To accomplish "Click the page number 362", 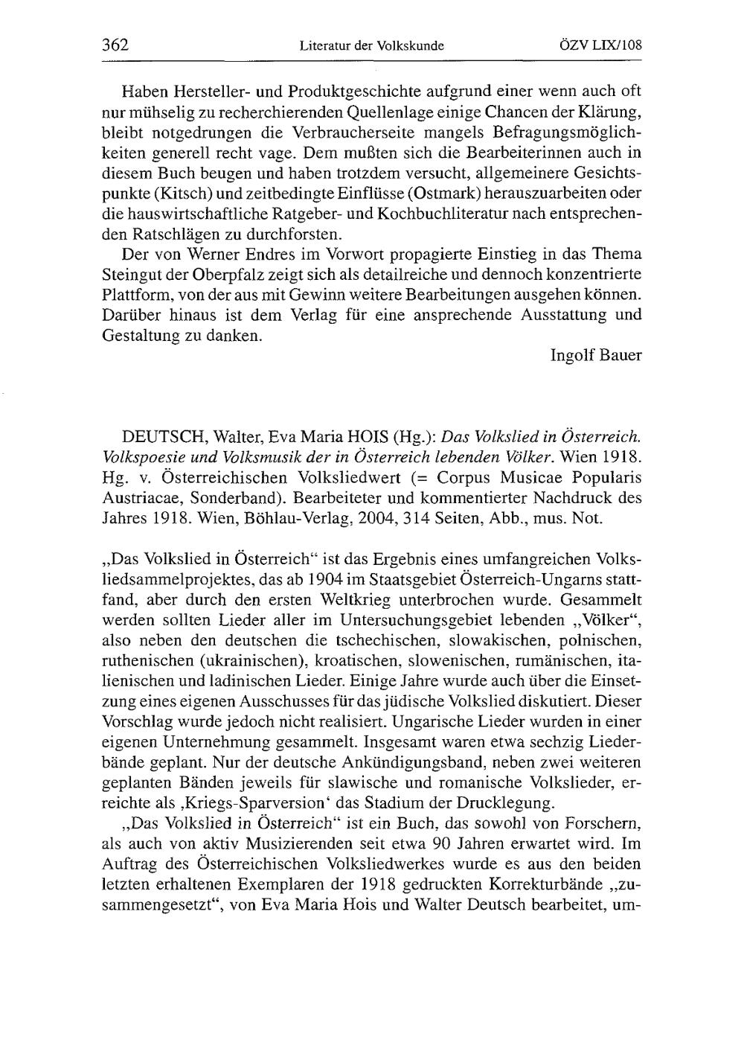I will [115, 45].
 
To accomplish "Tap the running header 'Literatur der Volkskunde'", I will [371, 45].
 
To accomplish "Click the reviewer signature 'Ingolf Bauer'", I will [595, 355].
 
